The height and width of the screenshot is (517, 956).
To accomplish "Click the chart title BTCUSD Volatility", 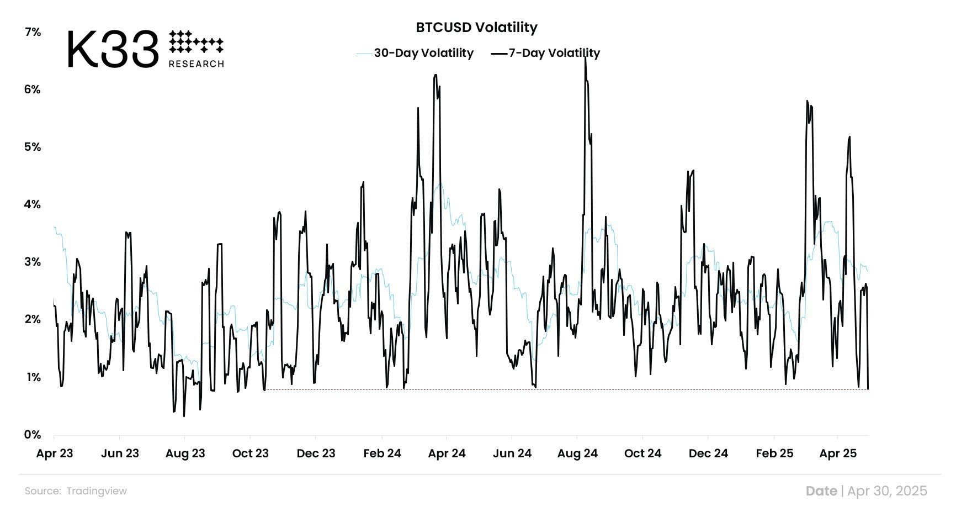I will [x=476, y=27].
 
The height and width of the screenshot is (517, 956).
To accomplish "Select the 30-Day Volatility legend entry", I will [x=423, y=53].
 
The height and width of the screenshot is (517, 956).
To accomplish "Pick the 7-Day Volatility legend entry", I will [x=554, y=53].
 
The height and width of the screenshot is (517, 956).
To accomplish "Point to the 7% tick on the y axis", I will [x=33, y=32].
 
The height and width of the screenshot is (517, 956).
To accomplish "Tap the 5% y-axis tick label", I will [x=33, y=147].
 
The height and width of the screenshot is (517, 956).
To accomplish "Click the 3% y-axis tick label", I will [x=33, y=262].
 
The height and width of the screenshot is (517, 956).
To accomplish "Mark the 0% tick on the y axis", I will [x=33, y=435].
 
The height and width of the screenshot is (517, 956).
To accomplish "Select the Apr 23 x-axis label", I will [x=55, y=453].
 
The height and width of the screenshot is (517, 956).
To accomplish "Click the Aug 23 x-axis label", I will [x=185, y=453].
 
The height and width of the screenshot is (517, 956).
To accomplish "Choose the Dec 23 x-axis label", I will [x=316, y=453].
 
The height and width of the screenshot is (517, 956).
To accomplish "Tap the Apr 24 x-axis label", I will [x=447, y=453].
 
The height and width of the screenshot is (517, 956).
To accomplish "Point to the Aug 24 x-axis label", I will [x=577, y=453].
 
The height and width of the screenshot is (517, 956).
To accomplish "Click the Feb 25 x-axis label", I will [x=774, y=453].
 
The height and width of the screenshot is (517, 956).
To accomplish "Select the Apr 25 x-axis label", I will [x=838, y=453].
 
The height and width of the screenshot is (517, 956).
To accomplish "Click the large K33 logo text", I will [x=113, y=50].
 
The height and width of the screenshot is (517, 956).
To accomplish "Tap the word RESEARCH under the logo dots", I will [x=196, y=64].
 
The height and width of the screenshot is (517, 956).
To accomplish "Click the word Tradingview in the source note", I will [x=97, y=491].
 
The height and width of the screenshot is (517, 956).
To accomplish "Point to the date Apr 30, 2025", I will [x=887, y=491].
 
